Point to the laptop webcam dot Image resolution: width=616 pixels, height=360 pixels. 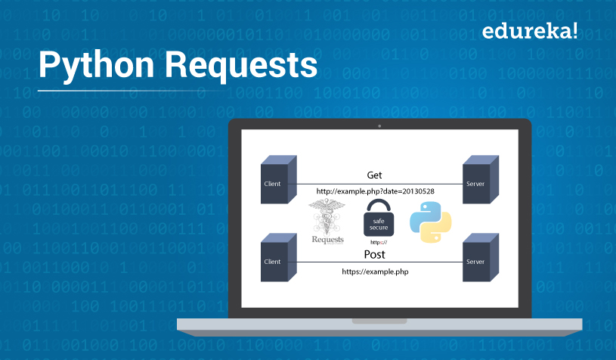379,125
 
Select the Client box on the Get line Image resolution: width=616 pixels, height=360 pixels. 274,182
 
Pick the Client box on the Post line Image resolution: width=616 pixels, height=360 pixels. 274,259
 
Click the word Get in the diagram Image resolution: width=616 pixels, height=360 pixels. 375,175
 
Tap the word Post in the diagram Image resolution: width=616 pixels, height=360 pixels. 375,253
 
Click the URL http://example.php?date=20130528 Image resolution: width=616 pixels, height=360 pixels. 376,191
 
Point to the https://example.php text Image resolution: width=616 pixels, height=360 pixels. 375,270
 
